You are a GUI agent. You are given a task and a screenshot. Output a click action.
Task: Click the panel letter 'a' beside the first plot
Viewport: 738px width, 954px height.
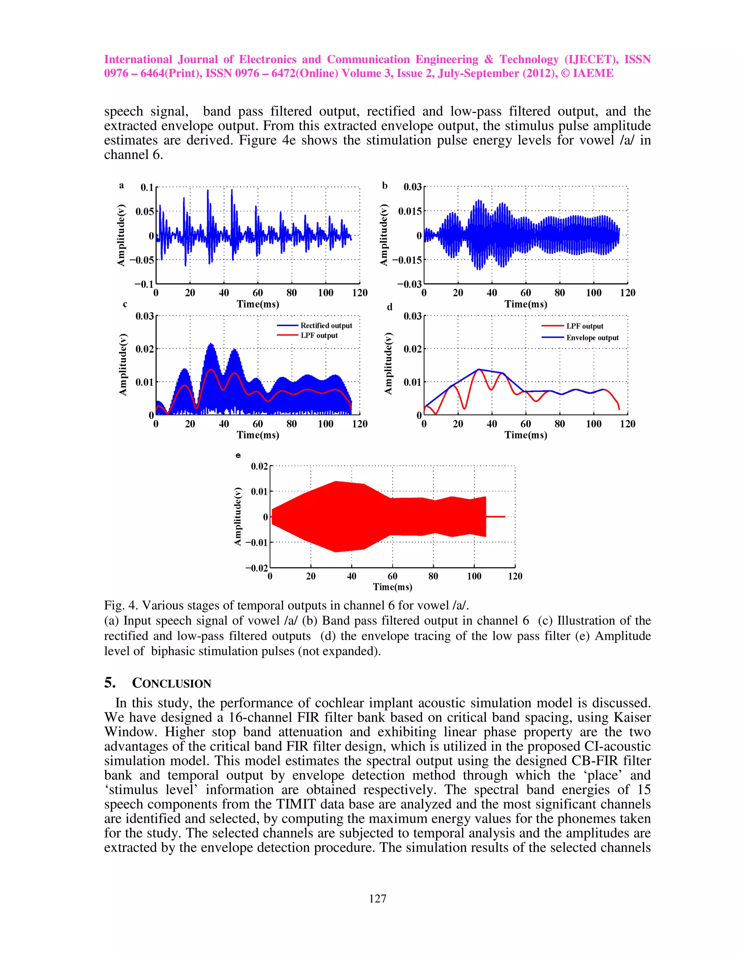pyautogui.click(x=121, y=186)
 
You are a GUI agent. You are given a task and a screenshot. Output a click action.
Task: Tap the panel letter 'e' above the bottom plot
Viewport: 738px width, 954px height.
pyautogui.click(x=238, y=455)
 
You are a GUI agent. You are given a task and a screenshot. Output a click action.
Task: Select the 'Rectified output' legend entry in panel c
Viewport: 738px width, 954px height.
pyautogui.click(x=326, y=325)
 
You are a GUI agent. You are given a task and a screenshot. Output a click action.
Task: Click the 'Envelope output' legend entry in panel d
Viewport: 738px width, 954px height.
pyautogui.click(x=592, y=338)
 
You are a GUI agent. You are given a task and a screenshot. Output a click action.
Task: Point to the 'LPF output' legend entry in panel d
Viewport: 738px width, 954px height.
pyautogui.click(x=584, y=326)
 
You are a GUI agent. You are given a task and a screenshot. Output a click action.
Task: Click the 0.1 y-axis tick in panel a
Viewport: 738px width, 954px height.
pyautogui.click(x=147, y=188)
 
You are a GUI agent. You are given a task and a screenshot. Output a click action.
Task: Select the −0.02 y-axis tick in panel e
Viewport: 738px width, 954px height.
pyautogui.click(x=257, y=568)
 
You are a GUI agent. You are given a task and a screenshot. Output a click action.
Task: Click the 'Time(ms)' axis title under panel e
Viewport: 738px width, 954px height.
pyautogui.click(x=392, y=587)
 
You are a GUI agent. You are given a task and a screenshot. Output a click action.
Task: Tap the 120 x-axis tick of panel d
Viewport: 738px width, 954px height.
pyautogui.click(x=627, y=424)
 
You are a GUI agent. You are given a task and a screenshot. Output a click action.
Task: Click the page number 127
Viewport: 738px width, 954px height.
pyautogui.click(x=377, y=898)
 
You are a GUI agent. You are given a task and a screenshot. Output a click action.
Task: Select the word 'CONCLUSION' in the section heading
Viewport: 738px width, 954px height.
pyautogui.click(x=172, y=684)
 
